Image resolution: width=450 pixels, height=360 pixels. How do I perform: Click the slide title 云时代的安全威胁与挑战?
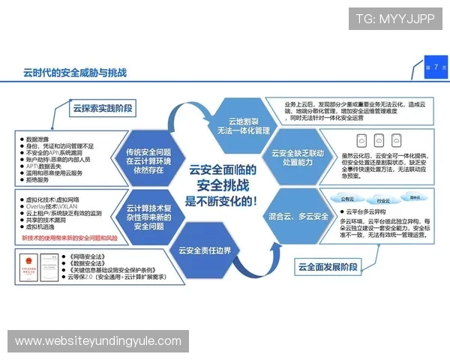[x=74, y=73]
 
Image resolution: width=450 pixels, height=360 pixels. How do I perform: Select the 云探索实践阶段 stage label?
[x=103, y=109]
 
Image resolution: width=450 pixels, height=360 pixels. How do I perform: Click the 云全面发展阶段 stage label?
[x=328, y=266]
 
